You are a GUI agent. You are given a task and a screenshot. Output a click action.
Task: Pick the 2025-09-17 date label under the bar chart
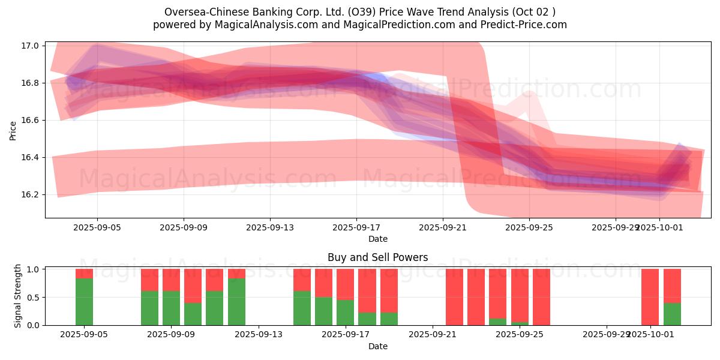pyautogui.click(x=346, y=334)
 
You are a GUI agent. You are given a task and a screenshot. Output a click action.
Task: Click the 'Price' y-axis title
pyautogui.click(x=13, y=130)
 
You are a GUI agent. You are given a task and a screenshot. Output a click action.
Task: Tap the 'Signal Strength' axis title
pyautogui.click(x=18, y=296)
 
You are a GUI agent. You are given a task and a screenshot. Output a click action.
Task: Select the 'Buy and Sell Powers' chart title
pyautogui.click(x=378, y=257)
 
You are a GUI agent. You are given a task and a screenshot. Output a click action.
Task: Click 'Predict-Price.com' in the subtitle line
pyautogui.click(x=526, y=25)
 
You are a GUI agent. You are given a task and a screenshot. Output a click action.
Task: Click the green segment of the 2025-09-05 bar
pyautogui.click(x=85, y=302)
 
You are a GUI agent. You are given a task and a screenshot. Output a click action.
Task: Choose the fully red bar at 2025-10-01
pyautogui.click(x=650, y=297)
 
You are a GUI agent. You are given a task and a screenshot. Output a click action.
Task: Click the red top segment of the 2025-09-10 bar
pyautogui.click(x=193, y=286)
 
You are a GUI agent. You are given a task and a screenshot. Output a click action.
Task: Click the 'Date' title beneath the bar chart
pyautogui.click(x=378, y=346)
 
